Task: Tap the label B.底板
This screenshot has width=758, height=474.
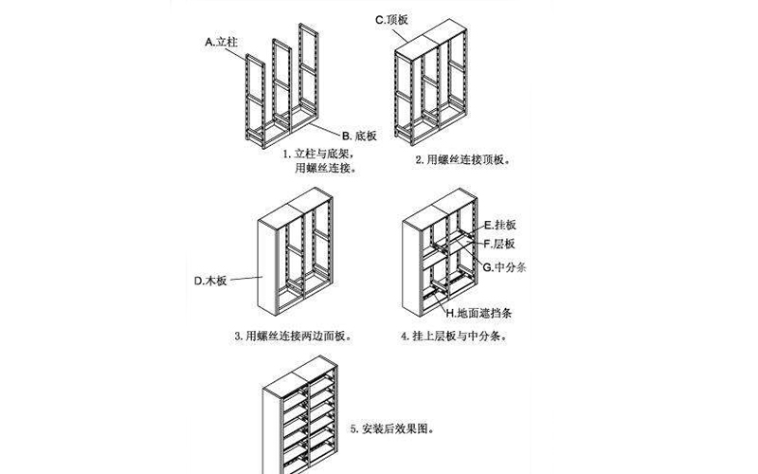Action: pos(360,135)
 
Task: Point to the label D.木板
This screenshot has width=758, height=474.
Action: pos(208,280)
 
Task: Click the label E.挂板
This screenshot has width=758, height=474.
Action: pos(499,226)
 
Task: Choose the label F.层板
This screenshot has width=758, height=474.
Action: pos(499,244)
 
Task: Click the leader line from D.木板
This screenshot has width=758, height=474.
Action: pos(245,279)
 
